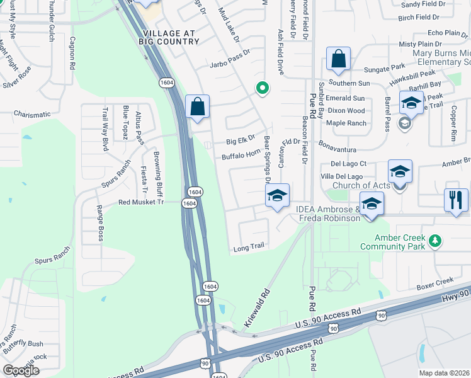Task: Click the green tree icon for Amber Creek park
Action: click(x=434, y=240)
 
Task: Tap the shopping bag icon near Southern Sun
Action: click(x=338, y=60)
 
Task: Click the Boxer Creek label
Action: click(x=436, y=281)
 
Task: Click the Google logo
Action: click(x=21, y=370)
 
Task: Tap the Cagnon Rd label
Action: click(x=73, y=53)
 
